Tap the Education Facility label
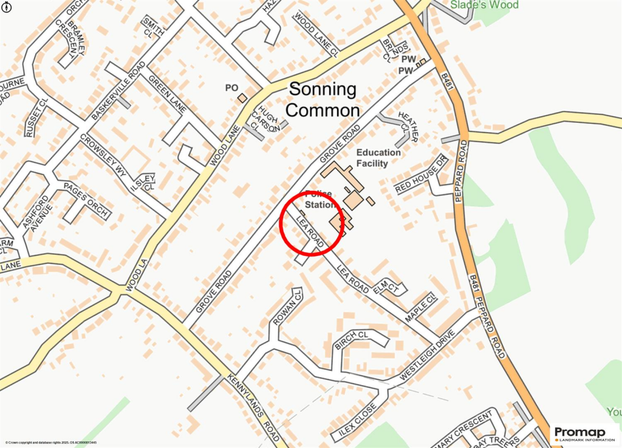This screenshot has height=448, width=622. point(378,158)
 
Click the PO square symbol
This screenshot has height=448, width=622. point(242,97)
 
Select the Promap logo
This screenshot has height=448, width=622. point(583,433)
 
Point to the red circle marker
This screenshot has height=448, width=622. point(312,223)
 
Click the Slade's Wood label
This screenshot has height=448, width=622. point(484,5)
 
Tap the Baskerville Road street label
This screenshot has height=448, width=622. point(118,91)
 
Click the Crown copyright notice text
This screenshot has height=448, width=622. point(51,443)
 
